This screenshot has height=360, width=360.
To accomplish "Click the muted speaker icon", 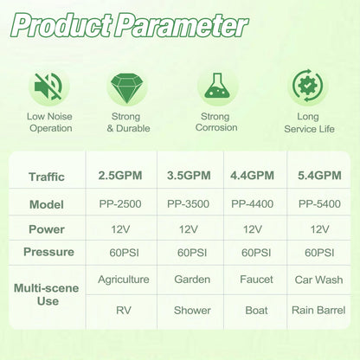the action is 48,87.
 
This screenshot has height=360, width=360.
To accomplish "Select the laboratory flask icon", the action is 217,86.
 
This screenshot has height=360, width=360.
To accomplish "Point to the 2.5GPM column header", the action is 120,176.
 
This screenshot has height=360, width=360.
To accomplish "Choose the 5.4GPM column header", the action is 319,176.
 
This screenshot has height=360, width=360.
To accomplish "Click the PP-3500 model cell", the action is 188,204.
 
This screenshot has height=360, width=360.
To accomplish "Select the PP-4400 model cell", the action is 252,204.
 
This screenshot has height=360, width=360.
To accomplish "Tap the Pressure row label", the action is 48,252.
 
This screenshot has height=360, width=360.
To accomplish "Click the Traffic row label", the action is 47,177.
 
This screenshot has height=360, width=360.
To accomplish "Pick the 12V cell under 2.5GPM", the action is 120,229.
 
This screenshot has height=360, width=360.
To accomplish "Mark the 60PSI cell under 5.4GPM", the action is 319,253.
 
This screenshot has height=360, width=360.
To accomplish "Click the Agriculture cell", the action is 124,280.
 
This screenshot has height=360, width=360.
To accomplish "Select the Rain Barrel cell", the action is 318,310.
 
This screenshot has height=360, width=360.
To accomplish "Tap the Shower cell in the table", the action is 192,311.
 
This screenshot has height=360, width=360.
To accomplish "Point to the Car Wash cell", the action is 318,280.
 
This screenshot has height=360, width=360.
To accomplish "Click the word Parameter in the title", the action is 181,25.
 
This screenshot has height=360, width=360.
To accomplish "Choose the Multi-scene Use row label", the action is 47,294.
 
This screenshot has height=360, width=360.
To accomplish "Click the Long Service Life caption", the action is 309,123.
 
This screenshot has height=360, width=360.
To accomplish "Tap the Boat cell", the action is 256,311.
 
